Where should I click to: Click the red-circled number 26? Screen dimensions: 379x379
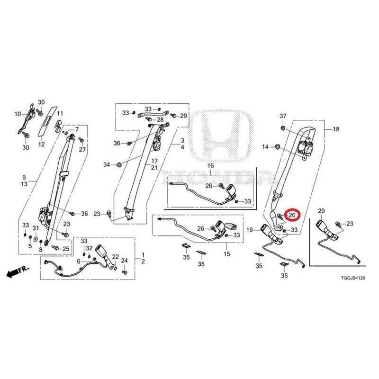(292, 215)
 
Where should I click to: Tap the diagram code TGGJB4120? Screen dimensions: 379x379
(353, 278)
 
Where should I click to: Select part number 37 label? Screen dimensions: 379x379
(283, 116)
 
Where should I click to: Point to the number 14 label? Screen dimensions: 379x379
(265, 147)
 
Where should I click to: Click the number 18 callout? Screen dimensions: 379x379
(336, 129)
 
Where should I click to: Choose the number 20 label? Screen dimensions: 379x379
(321, 211)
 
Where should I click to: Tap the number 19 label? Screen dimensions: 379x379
(250, 230)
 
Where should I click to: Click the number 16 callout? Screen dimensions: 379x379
(210, 165)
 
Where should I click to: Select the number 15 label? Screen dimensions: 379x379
(227, 254)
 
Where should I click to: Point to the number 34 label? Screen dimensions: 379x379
(107, 164)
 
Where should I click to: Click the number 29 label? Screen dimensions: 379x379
(183, 116)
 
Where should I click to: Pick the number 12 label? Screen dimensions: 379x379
(42, 144)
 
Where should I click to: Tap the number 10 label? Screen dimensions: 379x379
(18, 114)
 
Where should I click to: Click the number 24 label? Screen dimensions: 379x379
(124, 261)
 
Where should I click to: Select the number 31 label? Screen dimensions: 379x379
(36, 228)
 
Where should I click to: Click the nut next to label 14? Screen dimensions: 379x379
(277, 146)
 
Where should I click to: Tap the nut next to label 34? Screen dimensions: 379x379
(119, 165)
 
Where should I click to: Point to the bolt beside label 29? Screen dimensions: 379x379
(173, 115)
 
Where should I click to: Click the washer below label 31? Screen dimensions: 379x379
(36, 239)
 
